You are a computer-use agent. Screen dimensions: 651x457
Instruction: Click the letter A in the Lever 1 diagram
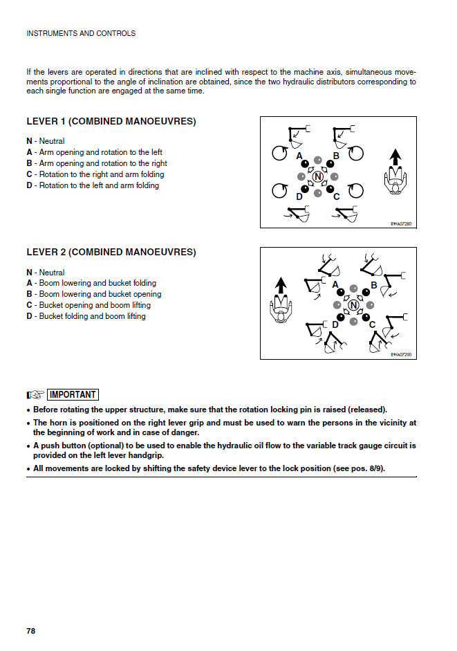299,156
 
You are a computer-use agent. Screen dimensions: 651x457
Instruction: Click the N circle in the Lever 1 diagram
318,177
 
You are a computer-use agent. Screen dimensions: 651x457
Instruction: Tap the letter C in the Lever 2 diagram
372,324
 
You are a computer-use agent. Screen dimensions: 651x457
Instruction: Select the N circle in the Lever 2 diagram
354,305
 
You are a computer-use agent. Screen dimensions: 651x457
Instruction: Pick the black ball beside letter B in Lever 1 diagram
330,164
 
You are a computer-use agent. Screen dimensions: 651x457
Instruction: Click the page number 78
30,631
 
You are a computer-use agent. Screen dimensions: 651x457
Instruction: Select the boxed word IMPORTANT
73,394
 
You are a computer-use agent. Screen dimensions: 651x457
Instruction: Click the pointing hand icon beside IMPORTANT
35,394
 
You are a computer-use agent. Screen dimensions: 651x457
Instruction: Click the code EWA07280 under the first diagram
401,223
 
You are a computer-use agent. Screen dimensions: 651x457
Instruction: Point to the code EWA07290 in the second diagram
401,354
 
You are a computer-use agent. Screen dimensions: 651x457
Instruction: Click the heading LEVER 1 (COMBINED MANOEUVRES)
111,121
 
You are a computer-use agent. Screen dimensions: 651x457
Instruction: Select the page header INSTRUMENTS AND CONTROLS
80,33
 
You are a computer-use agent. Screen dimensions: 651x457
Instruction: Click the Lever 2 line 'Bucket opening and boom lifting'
94,305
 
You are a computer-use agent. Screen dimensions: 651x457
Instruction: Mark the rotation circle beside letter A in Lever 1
280,153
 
